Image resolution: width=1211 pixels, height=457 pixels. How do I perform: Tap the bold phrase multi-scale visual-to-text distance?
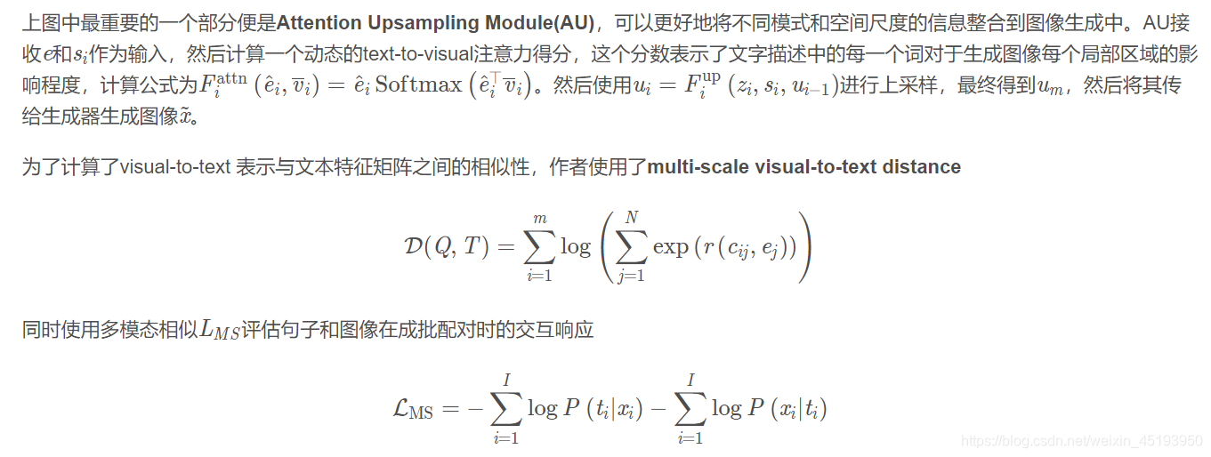[x=804, y=167]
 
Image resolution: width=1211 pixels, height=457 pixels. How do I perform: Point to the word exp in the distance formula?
[x=670, y=247]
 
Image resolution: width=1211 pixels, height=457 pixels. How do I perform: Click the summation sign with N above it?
[x=631, y=246]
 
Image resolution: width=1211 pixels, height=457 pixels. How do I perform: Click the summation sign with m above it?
[x=537, y=246]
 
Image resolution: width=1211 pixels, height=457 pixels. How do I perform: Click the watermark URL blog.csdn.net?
[x=1082, y=441]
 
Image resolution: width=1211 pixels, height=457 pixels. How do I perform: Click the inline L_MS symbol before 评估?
[x=220, y=330]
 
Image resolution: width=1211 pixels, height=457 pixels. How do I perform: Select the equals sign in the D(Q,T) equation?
[x=505, y=248]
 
